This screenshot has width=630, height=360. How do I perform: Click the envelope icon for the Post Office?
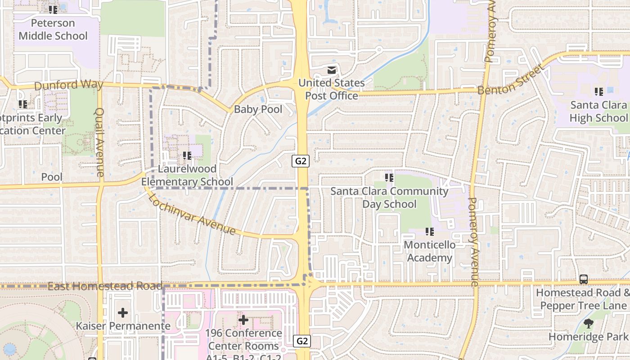(332, 70)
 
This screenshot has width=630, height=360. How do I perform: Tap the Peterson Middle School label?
(53, 29)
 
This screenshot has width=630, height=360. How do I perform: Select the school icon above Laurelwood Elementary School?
(187, 156)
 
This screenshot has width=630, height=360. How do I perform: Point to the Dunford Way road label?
(69, 85)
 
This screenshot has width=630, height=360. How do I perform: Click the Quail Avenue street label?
(99, 142)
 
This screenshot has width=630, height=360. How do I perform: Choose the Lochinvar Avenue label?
(192, 214)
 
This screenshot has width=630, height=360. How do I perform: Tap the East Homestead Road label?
(104, 286)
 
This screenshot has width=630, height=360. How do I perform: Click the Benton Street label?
(510, 81)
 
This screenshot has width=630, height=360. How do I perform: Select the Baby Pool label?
(258, 109)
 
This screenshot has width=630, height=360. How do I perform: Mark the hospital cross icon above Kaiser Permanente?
(122, 312)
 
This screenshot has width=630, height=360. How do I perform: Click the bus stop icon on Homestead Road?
(583, 279)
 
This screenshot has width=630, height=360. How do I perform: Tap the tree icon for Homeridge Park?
(588, 323)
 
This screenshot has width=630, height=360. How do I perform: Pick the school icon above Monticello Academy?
(430, 232)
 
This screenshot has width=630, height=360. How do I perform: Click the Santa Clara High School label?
(598, 111)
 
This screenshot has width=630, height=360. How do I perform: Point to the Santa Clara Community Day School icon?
(389, 178)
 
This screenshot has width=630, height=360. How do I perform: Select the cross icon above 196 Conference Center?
(243, 320)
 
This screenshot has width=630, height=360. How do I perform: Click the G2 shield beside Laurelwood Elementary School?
(301, 161)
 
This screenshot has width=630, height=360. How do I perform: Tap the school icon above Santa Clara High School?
(598, 92)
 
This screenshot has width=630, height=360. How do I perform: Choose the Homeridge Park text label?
(588, 336)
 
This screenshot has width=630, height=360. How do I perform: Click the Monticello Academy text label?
(430, 251)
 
